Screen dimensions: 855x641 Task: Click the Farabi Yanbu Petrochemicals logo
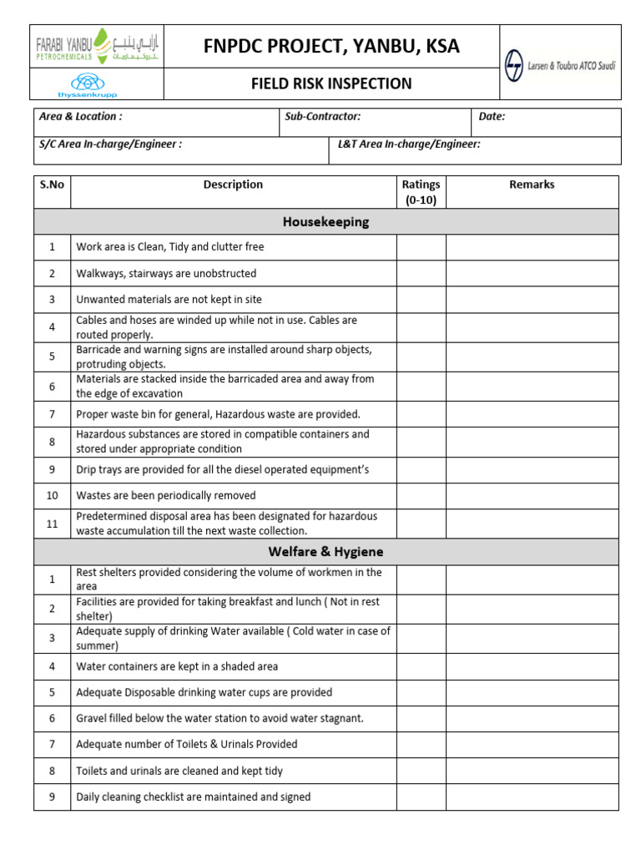(98, 47)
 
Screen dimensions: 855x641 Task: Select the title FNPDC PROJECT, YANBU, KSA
(331, 47)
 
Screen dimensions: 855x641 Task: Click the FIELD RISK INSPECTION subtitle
(331, 83)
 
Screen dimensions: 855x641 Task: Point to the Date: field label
(492, 117)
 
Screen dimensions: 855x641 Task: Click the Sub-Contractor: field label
(322, 117)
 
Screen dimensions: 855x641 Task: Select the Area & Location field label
(81, 117)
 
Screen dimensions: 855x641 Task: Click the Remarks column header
(532, 185)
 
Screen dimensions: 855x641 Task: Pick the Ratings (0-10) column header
(421, 192)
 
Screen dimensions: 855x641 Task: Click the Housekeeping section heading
(326, 222)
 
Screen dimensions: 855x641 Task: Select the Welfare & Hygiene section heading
(326, 552)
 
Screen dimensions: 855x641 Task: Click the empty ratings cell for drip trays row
(421, 469)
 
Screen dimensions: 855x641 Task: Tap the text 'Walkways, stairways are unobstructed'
(166, 274)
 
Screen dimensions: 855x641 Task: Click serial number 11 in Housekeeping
(52, 524)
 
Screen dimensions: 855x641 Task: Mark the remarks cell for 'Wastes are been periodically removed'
(532, 495)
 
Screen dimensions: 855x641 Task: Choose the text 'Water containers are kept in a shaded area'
(177, 666)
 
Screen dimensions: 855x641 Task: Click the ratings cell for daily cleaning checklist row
(421, 797)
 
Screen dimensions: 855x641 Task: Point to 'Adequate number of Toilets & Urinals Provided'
(186, 744)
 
